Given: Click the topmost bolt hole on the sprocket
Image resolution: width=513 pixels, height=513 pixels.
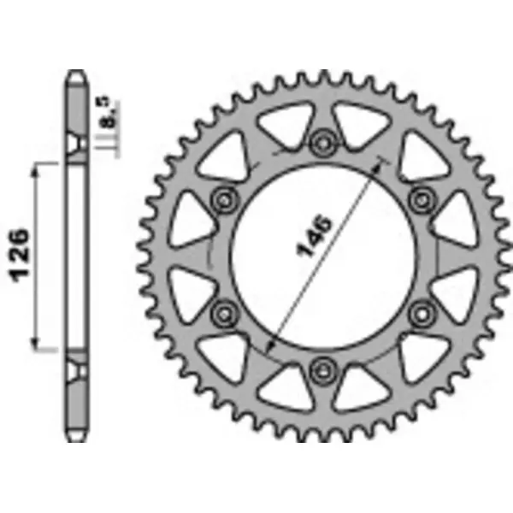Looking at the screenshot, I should pos(323,142).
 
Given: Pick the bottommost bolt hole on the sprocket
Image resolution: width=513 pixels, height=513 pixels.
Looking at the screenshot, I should pos(323,369).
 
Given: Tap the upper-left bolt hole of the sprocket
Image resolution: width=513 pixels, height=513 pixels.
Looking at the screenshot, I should pos(225,199).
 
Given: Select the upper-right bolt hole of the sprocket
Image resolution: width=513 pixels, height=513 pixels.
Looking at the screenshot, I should pos(421,199).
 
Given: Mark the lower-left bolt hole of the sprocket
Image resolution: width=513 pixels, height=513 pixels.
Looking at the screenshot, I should pos(225,312).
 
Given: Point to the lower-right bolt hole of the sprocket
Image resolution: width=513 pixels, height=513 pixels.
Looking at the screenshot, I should pos(421,312).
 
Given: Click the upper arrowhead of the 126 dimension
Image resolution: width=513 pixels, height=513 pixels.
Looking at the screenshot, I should pos(35,169).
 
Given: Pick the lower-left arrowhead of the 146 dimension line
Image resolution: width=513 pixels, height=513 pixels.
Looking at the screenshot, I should pos(270,346).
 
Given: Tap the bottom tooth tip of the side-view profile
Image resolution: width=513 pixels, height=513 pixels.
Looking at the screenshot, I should pos(78,437).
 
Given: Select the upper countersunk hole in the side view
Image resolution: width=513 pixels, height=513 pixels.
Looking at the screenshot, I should pos(78,144).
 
